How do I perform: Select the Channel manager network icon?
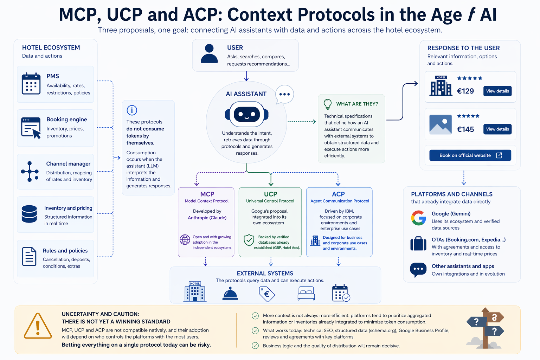[x=30, y=172]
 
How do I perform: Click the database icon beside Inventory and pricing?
[x=29, y=214]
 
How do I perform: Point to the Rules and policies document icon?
[x=29, y=257]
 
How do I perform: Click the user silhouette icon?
[x=209, y=53]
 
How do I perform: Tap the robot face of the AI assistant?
[x=246, y=114]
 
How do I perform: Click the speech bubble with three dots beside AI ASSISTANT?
[x=284, y=94]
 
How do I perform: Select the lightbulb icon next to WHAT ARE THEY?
[x=328, y=104]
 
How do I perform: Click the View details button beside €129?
[x=497, y=91]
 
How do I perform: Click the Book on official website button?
[x=470, y=155]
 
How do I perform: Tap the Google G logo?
[x=418, y=218]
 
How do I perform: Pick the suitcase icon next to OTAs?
[x=418, y=244]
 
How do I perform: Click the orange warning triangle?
[x=38, y=326]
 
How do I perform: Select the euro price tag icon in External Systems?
[x=266, y=294]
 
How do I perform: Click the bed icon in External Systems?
[x=306, y=293]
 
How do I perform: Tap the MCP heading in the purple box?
[x=207, y=194]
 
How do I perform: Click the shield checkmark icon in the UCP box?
[x=249, y=240]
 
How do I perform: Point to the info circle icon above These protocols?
[x=132, y=110]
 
